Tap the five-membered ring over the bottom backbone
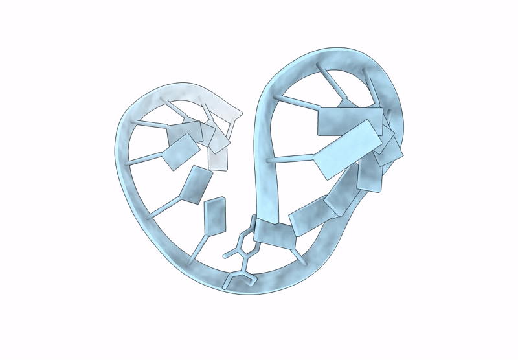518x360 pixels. [x=242, y=280]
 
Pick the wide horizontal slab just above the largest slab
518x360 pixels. [x=342, y=121]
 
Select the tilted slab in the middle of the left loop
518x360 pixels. [x=196, y=185]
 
